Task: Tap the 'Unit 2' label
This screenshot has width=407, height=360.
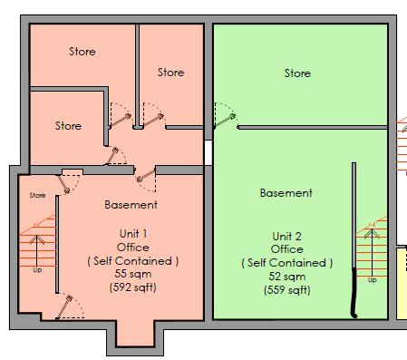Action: tap(286, 236)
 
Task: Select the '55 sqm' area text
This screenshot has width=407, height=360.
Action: tap(133, 275)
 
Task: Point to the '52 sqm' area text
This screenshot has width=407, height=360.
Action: tap(286, 277)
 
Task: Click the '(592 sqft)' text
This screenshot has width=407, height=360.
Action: tap(133, 288)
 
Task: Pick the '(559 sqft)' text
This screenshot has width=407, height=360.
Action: tap(286, 290)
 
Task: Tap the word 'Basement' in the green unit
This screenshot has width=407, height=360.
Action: tap(286, 193)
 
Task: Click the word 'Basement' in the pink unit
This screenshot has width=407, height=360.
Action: tap(131, 204)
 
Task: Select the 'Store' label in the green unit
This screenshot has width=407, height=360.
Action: tap(297, 73)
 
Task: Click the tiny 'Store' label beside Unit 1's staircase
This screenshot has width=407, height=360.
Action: tap(37, 195)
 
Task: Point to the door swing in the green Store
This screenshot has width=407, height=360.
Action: tap(224, 116)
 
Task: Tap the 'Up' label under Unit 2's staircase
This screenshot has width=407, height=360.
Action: tap(372, 280)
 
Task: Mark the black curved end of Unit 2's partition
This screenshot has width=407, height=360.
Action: tap(354, 302)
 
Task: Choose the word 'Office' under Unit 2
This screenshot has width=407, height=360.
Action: tap(286, 249)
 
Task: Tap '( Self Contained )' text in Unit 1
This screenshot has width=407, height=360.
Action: tap(133, 261)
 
